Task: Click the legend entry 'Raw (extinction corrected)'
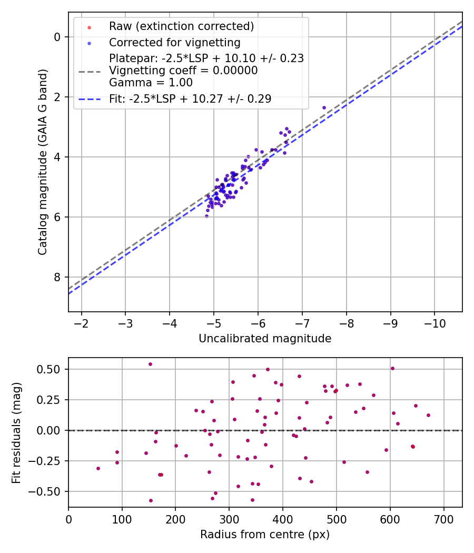pyautogui.click(x=181, y=26)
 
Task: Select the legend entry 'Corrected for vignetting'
pyautogui.click(x=174, y=42)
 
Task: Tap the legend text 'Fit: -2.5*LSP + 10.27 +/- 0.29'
pyautogui.click(x=190, y=98)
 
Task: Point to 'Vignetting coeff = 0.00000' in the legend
pyautogui.click(x=183, y=71)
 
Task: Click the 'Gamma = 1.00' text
pyautogui.click(x=151, y=83)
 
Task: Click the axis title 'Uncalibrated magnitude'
pyautogui.click(x=265, y=339)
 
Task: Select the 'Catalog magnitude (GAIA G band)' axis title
pyautogui.click(x=43, y=162)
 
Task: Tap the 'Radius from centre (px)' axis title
pyautogui.click(x=265, y=535)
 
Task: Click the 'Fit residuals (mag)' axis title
pyautogui.click(x=16, y=432)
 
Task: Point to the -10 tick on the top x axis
pyautogui.click(x=434, y=323)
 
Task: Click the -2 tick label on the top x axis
pyautogui.click(x=82, y=323)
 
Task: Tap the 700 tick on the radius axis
pyautogui.click(x=443, y=519)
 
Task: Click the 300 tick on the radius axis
pyautogui.click(x=229, y=519)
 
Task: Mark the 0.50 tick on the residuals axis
pyautogui.click(x=50, y=369)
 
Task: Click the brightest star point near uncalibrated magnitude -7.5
pyautogui.click(x=324, y=107)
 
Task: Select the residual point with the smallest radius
pyautogui.click(x=98, y=468)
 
